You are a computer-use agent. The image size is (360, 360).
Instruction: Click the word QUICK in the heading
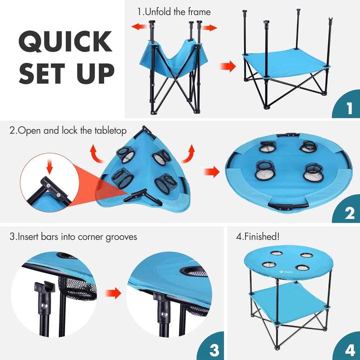pyautogui.click(x=65, y=42)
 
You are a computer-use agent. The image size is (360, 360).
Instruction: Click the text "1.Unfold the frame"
pyautogui.click(x=174, y=12)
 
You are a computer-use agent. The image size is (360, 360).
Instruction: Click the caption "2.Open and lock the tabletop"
pyautogui.click(x=68, y=130)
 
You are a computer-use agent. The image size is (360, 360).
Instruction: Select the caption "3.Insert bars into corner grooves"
pyautogui.click(x=73, y=237)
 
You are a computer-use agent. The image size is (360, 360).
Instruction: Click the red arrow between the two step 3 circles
pyautogui.click(x=114, y=293)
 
